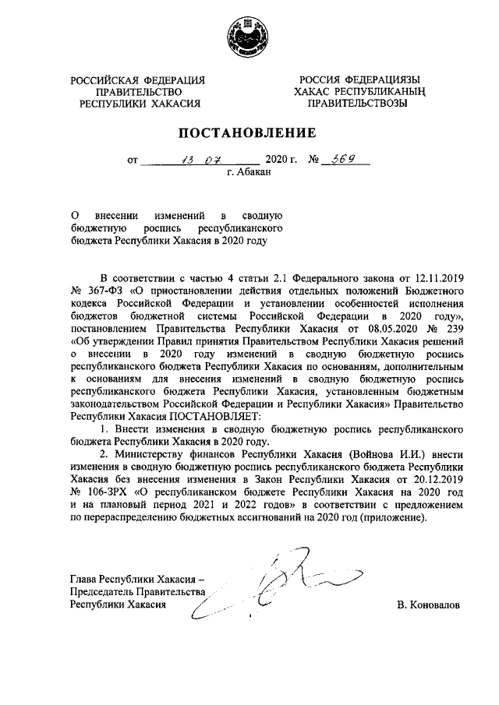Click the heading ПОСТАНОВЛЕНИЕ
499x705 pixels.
(249, 132)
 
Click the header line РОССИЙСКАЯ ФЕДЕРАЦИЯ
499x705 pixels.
(137, 79)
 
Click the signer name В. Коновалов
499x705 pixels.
(429, 605)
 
